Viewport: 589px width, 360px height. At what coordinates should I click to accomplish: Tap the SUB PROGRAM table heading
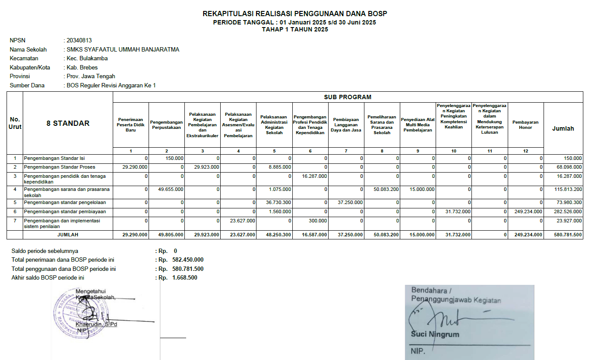(347, 97)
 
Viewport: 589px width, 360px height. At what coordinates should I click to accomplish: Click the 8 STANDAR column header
(68, 123)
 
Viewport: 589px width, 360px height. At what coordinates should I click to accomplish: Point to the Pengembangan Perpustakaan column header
(166, 125)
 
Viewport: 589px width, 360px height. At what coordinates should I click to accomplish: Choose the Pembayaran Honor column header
(525, 125)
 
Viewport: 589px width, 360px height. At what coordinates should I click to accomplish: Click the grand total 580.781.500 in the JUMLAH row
(566, 235)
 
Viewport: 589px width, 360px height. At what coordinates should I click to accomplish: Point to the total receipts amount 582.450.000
(188, 260)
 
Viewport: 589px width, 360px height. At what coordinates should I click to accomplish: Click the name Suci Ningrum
(435, 335)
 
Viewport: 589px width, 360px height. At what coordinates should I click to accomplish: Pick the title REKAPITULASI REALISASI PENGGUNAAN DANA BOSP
(294, 14)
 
